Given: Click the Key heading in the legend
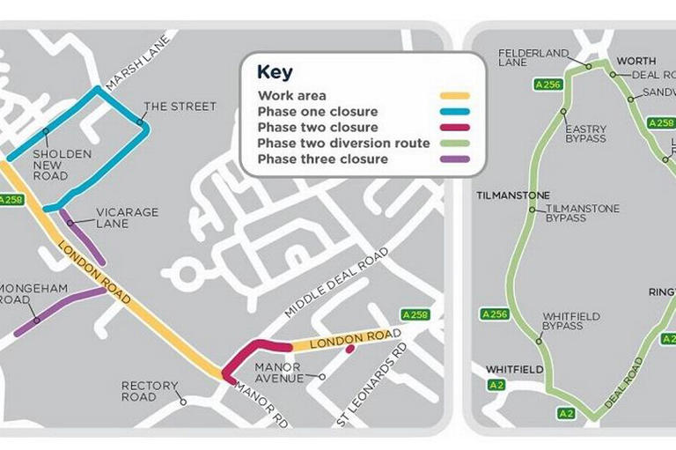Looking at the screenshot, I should (x=275, y=72).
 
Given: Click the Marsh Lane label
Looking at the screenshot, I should (x=124, y=70).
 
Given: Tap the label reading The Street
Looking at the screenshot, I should (x=180, y=107).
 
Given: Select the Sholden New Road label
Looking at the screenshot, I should (x=62, y=165).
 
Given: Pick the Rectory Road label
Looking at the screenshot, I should (x=150, y=391).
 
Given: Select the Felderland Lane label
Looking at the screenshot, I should (x=533, y=58).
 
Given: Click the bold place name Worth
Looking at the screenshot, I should (x=636, y=62).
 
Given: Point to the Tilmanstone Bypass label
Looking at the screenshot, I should (x=582, y=213).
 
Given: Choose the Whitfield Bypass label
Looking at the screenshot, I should (x=562, y=321).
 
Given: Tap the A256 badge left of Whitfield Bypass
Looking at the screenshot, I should (x=495, y=314).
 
